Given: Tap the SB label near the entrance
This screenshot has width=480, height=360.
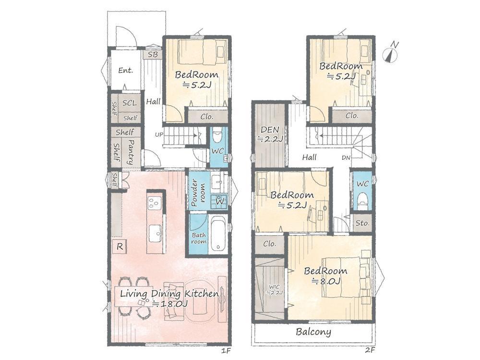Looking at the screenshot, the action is tap(153, 55).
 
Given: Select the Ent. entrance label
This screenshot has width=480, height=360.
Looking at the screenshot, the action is tap(126, 71).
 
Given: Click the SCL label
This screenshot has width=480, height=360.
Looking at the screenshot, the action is tap(130, 103).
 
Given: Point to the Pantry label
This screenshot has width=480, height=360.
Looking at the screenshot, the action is tap(131, 152).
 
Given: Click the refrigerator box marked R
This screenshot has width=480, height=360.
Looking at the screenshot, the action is tap(120, 246).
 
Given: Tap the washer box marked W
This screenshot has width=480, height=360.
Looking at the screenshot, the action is tap(220, 201).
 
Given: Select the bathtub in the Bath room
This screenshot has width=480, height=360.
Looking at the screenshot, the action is tap(218, 234).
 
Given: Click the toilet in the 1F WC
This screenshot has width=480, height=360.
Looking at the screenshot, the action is tap(217, 136).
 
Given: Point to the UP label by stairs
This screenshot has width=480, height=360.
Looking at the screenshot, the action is tap(159, 134).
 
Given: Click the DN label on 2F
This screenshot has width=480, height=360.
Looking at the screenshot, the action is tap(346, 157).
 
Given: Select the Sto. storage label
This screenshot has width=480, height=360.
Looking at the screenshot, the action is tap(362, 223).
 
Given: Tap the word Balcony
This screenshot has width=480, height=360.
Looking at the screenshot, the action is tap(313, 332).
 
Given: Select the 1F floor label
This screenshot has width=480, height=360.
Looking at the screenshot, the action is tap(225, 350).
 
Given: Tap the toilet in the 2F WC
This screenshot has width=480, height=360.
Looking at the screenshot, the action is tap(362, 201).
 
